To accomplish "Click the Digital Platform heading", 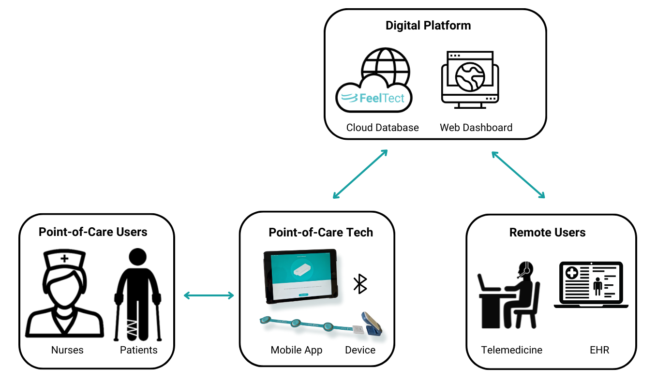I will [x=428, y=26].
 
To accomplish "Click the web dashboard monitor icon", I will [x=470, y=79].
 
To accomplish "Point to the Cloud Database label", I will [x=382, y=128].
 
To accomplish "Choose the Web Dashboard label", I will [x=476, y=128].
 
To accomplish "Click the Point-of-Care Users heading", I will [x=93, y=232].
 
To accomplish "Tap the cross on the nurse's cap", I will [x=64, y=259].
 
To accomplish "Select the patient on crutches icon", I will [x=138, y=294].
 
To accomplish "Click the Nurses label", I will [x=67, y=350].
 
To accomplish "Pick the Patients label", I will [x=138, y=350].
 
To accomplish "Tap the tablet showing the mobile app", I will [x=300, y=275].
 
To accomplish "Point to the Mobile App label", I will [x=297, y=350].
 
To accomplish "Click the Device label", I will [x=360, y=350].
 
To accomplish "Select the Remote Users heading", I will [x=547, y=233].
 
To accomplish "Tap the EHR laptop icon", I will [x=591, y=285].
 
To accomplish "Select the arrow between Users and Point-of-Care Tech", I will [x=209, y=295].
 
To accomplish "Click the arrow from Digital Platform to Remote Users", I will [x=518, y=175].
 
